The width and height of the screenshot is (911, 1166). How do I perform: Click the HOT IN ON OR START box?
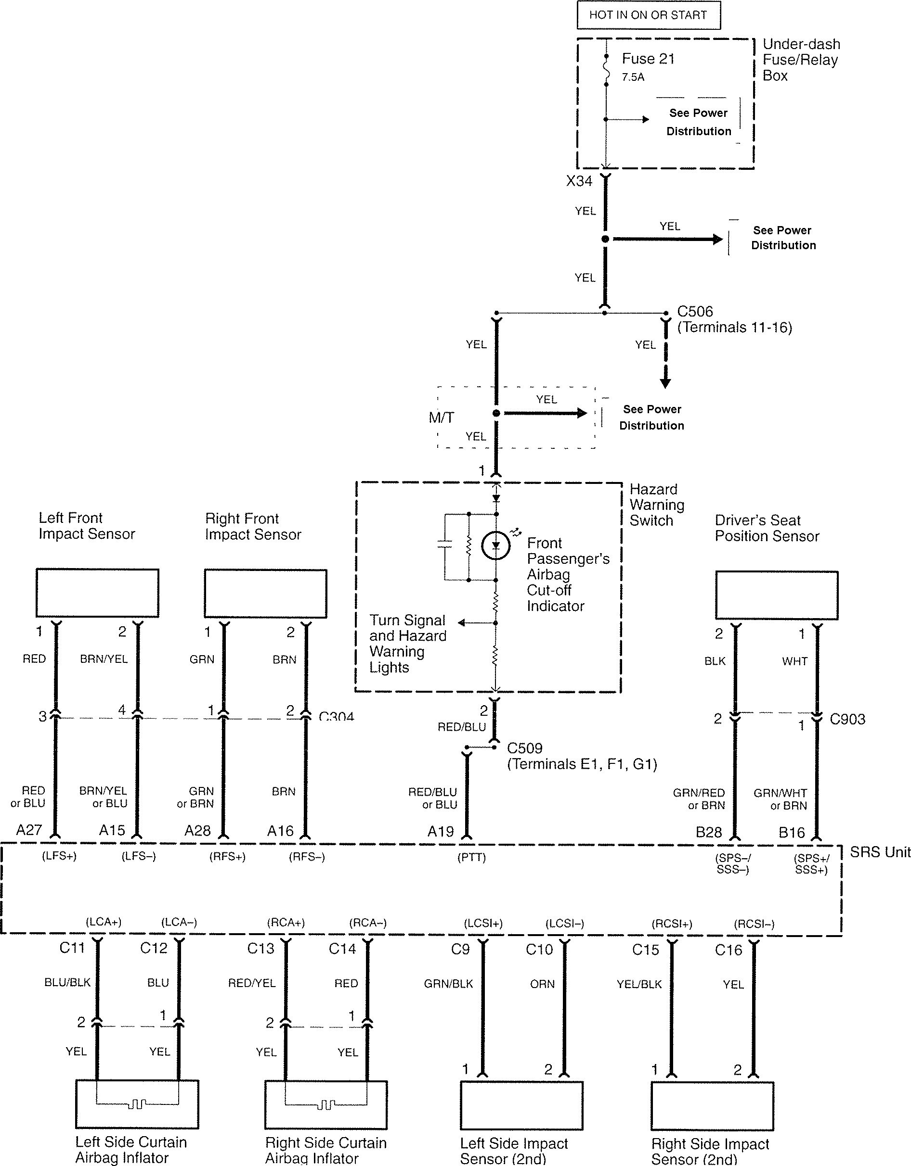[x=648, y=15]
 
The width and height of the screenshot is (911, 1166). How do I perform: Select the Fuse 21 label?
[x=648, y=59]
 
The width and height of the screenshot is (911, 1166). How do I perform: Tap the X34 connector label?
[x=579, y=181]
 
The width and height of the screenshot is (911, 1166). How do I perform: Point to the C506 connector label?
[x=695, y=311]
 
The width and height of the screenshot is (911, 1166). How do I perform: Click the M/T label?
[x=442, y=418]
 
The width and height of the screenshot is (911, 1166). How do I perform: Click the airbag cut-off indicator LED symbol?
[x=495, y=545]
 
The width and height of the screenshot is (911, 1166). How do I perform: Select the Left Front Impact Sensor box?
[x=97, y=593]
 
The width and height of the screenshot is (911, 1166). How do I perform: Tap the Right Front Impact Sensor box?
[x=266, y=593]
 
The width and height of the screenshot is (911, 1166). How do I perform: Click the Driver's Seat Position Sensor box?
[x=777, y=596]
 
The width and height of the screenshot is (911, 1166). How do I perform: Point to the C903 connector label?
[x=847, y=719]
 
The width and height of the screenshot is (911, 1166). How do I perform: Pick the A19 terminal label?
[x=441, y=831]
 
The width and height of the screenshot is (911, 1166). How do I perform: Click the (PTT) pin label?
[x=471, y=857]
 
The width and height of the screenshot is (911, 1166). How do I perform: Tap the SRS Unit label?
[x=880, y=852]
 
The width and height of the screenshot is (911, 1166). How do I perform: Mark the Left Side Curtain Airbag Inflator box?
[x=137, y=1104]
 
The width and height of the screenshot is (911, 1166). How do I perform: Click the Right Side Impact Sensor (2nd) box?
[x=712, y=1106]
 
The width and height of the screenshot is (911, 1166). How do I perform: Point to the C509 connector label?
[x=525, y=748]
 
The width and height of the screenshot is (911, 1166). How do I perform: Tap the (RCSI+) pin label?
[x=672, y=924]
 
